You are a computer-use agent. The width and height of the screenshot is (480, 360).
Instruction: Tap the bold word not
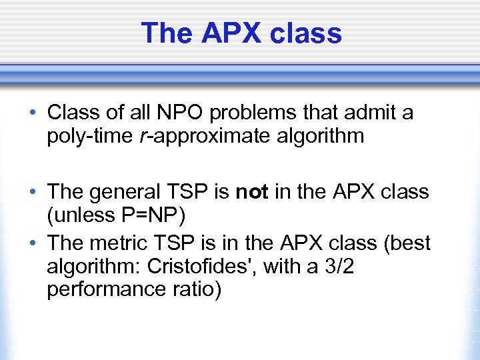(251, 193)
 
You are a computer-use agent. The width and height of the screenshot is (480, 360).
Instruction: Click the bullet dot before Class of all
(33, 113)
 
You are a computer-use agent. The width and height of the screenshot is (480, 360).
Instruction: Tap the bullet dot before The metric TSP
(33, 243)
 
